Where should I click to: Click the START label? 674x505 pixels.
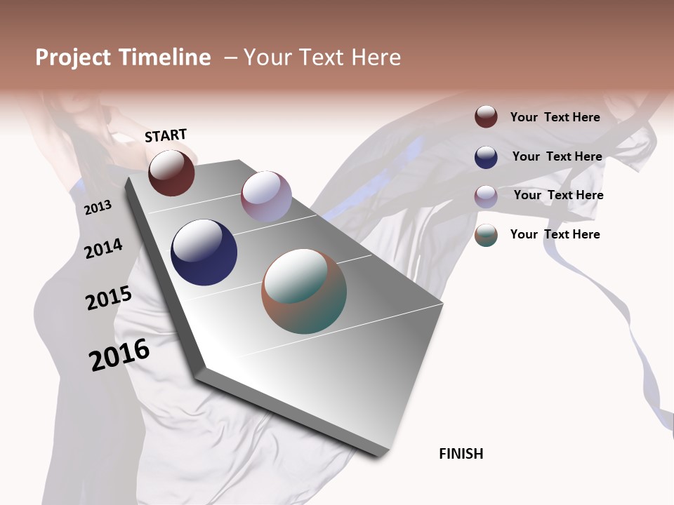166,135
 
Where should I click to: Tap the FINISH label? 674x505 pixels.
461,454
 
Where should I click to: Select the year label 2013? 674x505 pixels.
98,208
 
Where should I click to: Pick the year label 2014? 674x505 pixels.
104,248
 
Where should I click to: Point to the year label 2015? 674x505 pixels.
109,298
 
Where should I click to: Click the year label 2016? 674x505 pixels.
119,354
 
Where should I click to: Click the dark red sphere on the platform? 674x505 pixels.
171,173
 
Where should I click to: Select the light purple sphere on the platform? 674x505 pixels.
266,196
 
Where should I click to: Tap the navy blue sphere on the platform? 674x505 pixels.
204,252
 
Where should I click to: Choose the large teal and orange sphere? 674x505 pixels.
304,291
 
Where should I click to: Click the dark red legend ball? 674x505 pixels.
486,117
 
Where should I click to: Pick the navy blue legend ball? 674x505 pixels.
486,157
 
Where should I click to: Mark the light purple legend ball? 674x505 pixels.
486,196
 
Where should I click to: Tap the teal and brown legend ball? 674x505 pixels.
486,235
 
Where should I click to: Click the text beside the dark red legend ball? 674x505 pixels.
555,117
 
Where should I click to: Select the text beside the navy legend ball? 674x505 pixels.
557,156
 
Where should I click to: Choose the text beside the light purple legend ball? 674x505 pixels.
558,195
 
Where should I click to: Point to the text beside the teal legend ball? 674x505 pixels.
555,234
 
